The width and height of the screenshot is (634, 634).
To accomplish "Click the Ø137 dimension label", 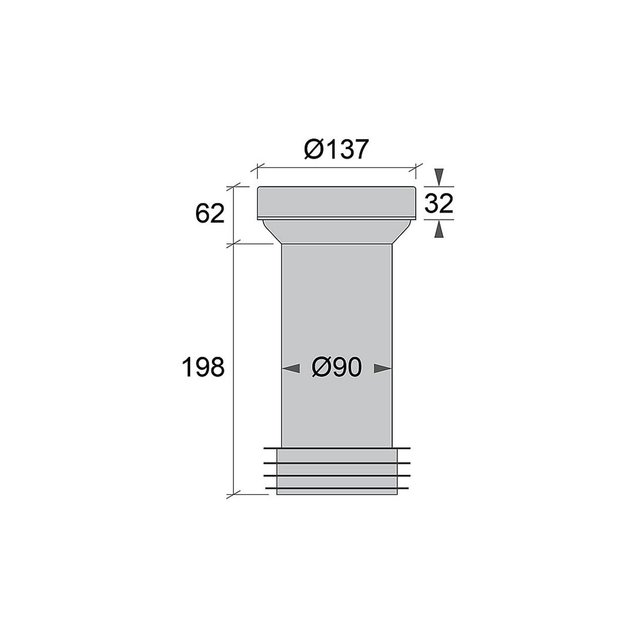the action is (x=335, y=149).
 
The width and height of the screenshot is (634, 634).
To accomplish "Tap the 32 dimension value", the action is (x=439, y=203).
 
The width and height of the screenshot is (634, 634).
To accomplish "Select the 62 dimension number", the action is (x=210, y=213).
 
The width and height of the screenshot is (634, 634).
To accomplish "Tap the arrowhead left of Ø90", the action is (x=291, y=368).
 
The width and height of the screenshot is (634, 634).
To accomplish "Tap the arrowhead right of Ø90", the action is (x=383, y=368).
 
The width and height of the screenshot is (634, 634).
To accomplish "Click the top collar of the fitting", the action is (x=336, y=203).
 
